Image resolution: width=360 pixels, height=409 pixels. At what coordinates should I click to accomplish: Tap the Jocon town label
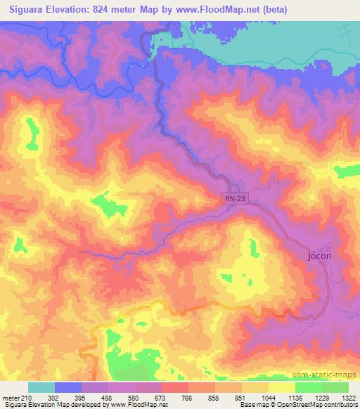click(x=320, y=257)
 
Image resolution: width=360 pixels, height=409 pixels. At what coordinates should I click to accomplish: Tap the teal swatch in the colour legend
click(x=41, y=387)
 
